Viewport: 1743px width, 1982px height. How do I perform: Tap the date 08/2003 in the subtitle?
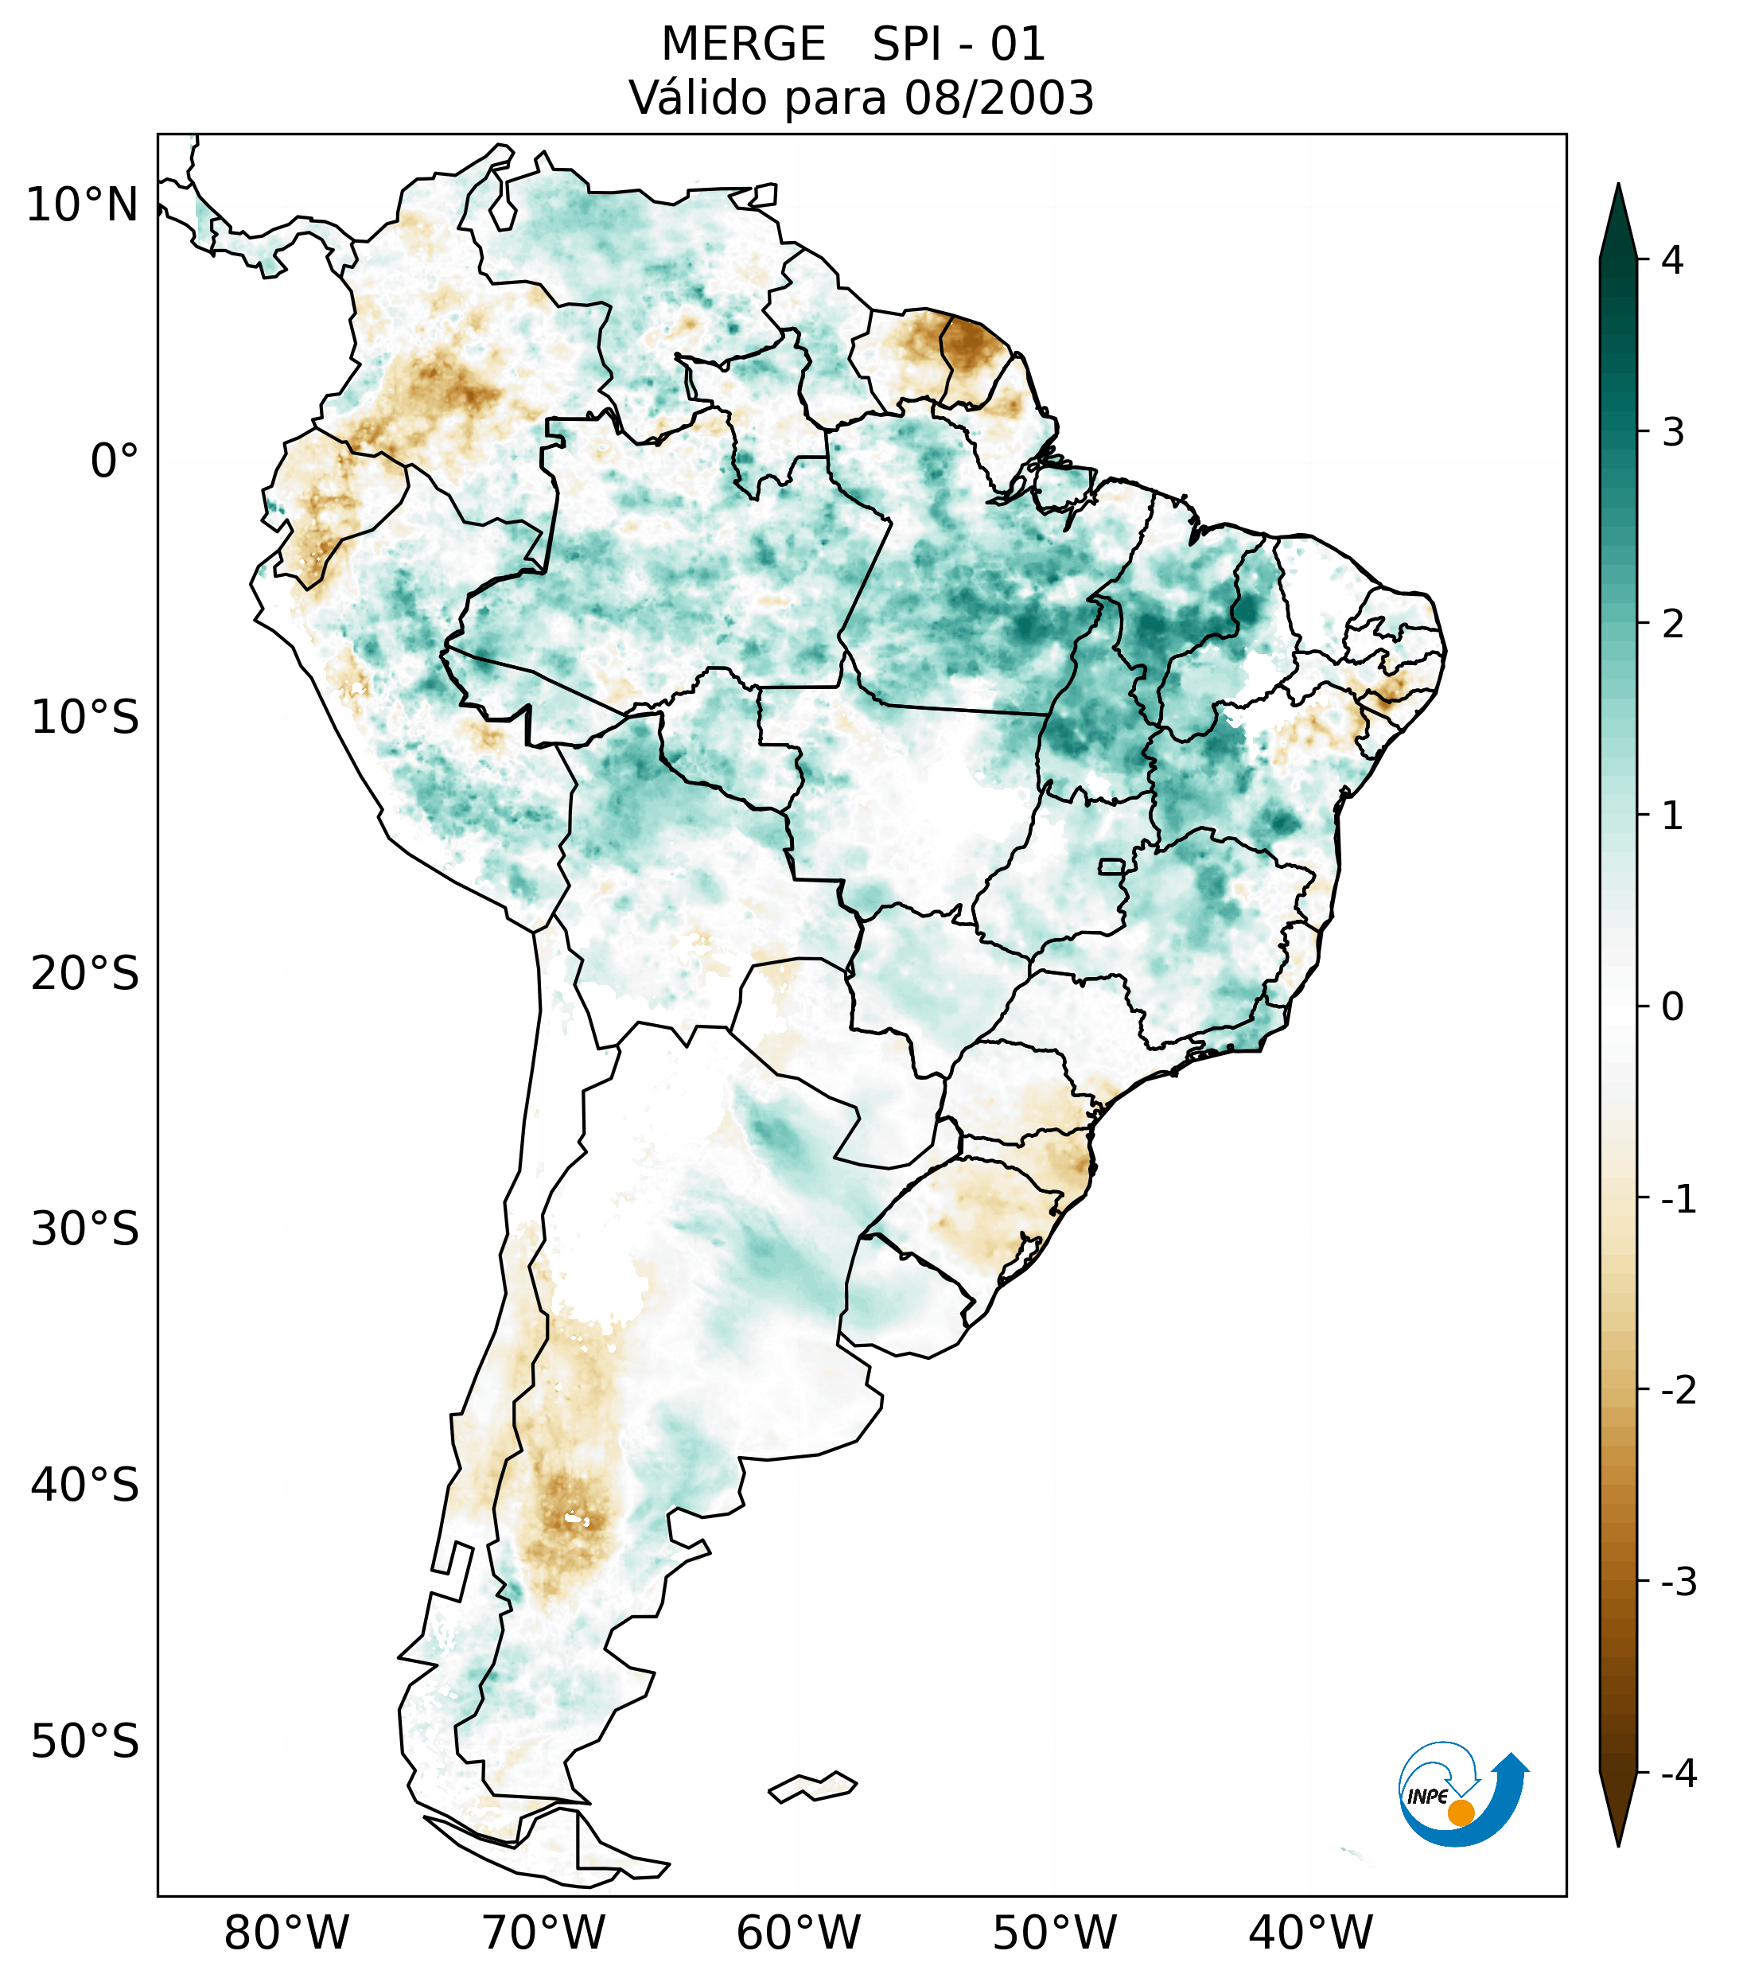click(x=998, y=98)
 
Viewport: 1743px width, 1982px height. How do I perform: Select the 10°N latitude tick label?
click(x=83, y=205)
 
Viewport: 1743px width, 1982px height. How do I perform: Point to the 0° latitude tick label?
click(x=115, y=461)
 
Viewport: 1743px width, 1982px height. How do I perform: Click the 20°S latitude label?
click(x=85, y=974)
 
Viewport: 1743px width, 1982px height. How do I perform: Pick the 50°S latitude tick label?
click(x=85, y=1743)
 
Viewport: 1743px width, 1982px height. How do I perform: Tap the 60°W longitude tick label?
click(x=798, y=1933)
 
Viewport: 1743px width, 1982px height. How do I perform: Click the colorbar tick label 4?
click(x=1672, y=260)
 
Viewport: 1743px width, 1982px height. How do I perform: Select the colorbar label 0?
click(x=1672, y=1007)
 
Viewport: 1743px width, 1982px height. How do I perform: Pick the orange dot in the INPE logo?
click(x=1460, y=1813)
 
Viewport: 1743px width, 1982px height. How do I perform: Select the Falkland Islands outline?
click(x=812, y=1787)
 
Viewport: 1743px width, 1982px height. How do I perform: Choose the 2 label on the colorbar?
click(x=1672, y=625)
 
